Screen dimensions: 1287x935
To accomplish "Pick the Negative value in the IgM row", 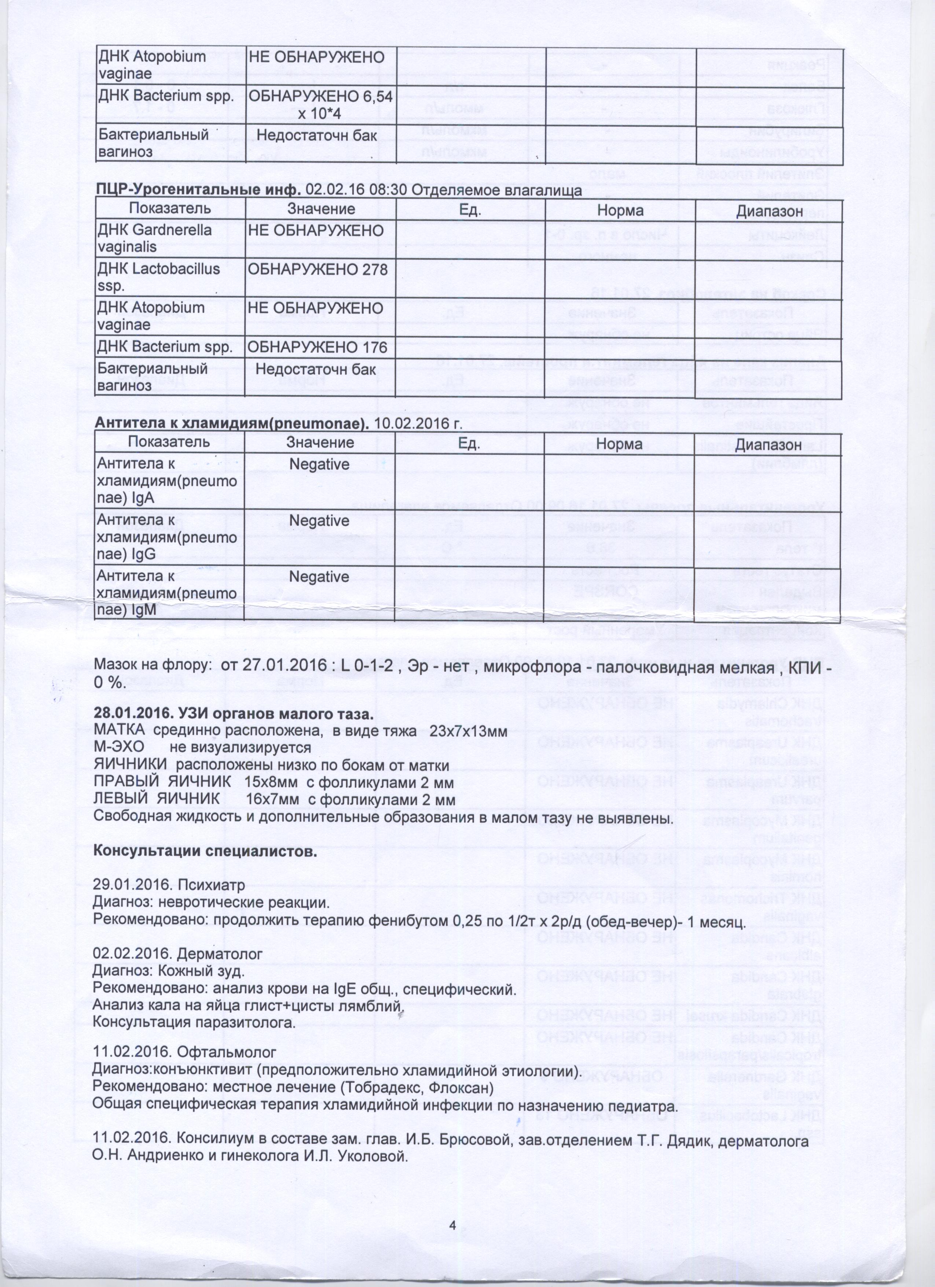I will pos(319,577).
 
